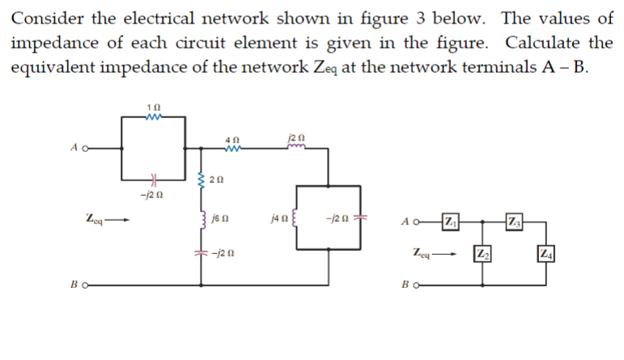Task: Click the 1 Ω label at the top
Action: (x=146, y=107)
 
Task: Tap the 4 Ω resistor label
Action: (x=231, y=138)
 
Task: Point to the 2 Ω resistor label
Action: (x=218, y=178)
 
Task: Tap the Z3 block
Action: (x=514, y=221)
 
